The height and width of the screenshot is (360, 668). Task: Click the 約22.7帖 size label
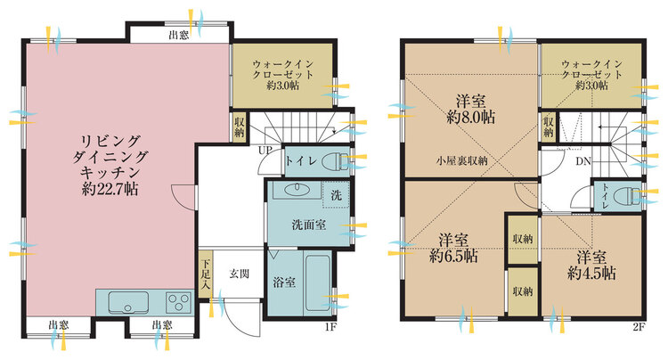click(110, 189)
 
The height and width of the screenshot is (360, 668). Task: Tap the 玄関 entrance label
click(239, 274)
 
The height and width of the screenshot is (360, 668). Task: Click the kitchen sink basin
click(128, 301)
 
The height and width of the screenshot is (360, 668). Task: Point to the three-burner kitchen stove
click(178, 302)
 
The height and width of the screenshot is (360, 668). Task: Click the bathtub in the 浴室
click(318, 282)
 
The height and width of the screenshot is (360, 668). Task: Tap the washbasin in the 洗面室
click(297, 189)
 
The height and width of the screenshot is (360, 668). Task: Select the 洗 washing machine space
click(336, 195)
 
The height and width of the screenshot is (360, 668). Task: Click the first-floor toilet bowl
click(335, 161)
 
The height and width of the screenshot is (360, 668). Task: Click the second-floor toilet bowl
click(626, 196)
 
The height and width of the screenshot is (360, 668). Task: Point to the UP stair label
click(265, 150)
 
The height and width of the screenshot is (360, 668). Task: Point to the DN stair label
click(583, 161)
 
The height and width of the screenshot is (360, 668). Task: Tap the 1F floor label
click(331, 327)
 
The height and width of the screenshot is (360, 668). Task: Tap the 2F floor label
click(639, 327)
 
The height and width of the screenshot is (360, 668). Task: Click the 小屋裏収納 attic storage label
click(461, 160)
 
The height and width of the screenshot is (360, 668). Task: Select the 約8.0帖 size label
click(471, 117)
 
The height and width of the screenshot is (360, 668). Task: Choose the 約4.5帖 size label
click(591, 273)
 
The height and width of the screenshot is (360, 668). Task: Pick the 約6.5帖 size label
click(453, 256)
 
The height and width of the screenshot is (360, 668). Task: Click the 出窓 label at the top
click(178, 35)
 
